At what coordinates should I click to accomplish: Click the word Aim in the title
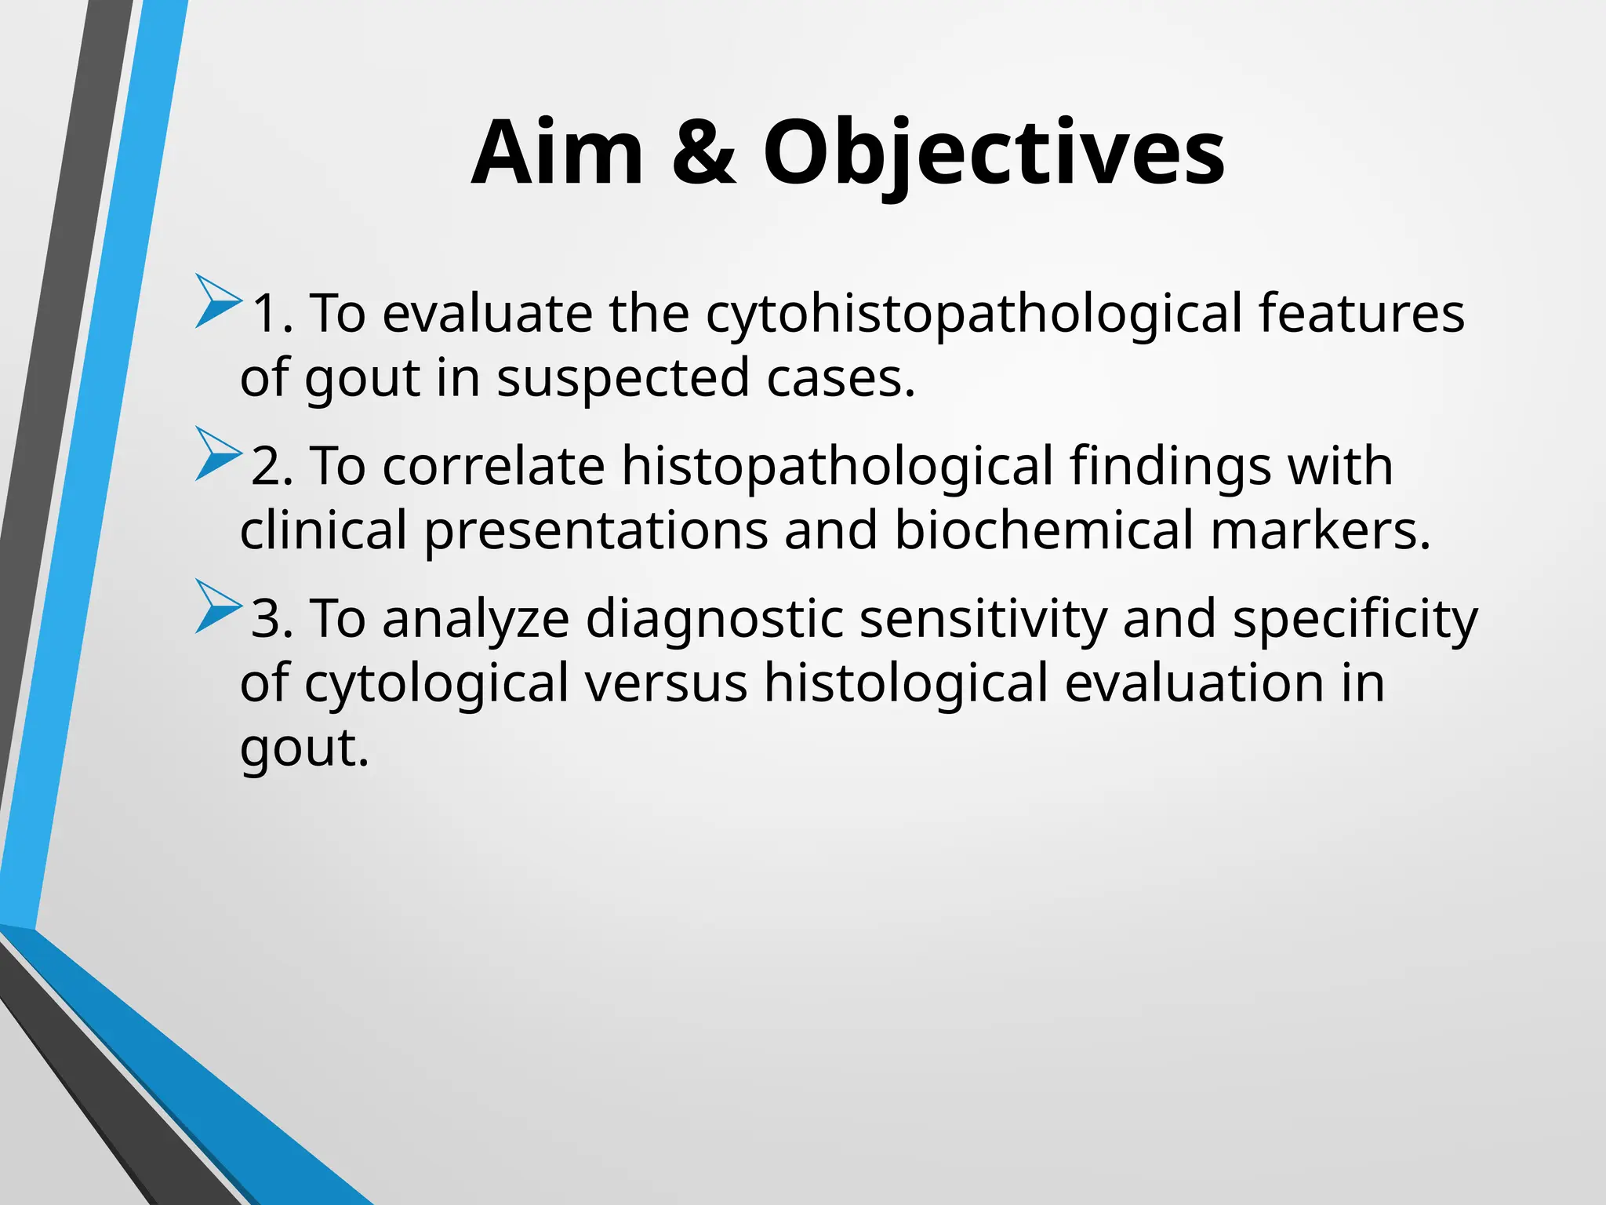coord(558,153)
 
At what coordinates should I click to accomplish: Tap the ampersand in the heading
coord(703,153)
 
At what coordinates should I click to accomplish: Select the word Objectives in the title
coord(993,153)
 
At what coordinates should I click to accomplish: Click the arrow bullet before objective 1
coord(217,300)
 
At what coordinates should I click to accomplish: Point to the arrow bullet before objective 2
coord(217,453)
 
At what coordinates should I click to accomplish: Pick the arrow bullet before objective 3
coord(217,606)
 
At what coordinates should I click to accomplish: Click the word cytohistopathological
coord(974,314)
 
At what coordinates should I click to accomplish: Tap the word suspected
coord(623,378)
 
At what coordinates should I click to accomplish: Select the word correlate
coord(493,467)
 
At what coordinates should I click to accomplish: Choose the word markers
coord(1321,530)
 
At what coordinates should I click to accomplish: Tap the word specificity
coord(1354,619)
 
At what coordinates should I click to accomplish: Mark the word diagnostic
coord(714,619)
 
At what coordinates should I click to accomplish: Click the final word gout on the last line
coord(303,748)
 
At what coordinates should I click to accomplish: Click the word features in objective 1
coord(1361,314)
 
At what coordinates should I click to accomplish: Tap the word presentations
coord(596,530)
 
